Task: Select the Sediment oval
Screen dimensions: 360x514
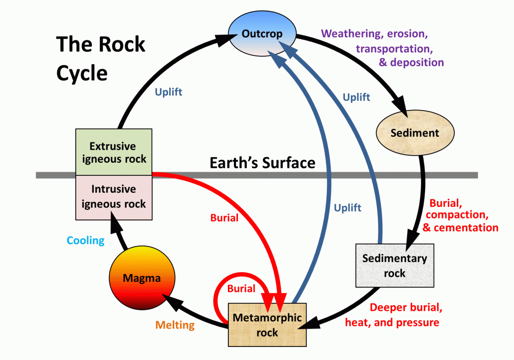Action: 415,133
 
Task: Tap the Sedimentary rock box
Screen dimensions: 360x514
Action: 394,265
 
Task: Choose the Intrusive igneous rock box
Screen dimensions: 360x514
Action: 113,197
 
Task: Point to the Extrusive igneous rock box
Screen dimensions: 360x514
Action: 113,152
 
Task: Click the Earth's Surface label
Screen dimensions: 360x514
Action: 262,163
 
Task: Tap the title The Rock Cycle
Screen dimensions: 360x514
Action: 100,58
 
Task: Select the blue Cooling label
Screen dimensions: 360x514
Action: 86,240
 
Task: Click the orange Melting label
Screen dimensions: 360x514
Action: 175,325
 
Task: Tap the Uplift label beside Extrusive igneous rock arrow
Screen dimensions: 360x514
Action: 169,92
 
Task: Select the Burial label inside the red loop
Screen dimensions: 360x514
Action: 241,289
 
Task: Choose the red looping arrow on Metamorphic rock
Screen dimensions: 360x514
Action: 217,296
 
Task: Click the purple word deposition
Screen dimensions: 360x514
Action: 417,63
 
